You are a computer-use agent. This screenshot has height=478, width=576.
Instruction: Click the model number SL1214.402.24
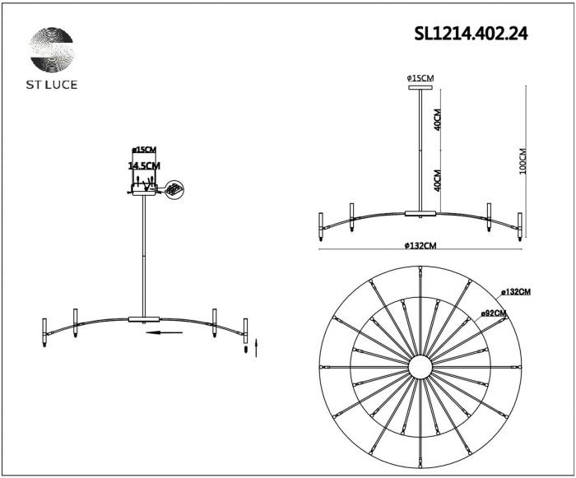click(x=471, y=34)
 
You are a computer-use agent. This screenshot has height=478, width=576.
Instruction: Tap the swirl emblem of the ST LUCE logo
click(x=52, y=50)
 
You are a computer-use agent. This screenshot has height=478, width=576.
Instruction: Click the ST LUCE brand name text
click(x=52, y=84)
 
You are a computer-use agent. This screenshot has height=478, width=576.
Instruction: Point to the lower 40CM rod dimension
click(x=438, y=179)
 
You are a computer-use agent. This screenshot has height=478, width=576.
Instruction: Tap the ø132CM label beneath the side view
click(x=420, y=245)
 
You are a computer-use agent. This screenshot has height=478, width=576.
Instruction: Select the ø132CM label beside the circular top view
click(x=517, y=291)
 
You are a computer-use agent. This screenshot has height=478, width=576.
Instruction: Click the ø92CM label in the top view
click(x=494, y=313)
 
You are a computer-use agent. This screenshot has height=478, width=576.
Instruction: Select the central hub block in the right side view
click(x=420, y=214)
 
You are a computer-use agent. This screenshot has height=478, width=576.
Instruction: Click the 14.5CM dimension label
click(x=144, y=165)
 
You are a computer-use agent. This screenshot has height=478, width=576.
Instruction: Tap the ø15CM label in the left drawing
click(x=144, y=151)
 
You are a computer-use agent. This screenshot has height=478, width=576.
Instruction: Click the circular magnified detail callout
click(x=174, y=189)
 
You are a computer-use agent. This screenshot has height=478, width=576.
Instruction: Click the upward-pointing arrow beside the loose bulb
click(x=257, y=346)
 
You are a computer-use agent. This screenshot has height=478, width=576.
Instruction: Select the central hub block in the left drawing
click(x=144, y=318)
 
